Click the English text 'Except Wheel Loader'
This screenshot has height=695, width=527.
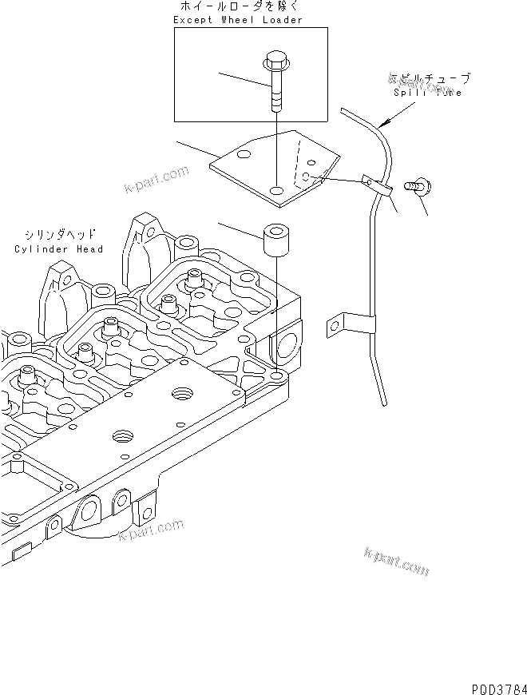pos(238,20)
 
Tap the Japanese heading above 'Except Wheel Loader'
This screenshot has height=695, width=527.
pos(239,7)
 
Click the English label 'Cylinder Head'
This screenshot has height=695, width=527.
pos(59,249)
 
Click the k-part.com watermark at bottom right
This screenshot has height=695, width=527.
pos(396,562)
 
